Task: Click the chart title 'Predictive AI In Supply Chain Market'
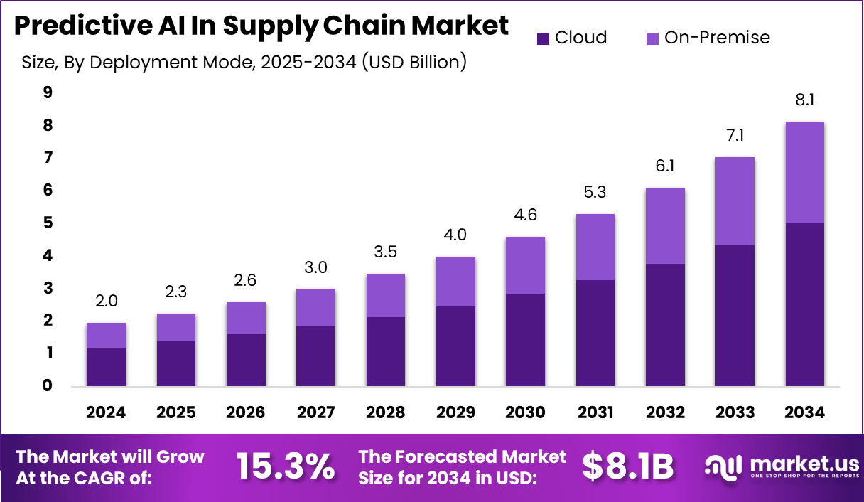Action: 261,26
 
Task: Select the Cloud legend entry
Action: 572,38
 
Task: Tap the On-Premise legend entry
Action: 708,38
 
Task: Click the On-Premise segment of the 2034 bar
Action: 804,173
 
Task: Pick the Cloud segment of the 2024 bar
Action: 107,367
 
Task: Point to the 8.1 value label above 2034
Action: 804,100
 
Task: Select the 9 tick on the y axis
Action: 47,92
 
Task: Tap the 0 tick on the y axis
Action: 47,386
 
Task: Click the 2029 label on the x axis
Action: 455,413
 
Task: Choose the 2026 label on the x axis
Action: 246,413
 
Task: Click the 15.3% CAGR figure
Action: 285,466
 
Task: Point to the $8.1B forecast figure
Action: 627,466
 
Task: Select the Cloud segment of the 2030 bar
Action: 524,340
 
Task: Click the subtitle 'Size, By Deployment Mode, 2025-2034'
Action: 244,63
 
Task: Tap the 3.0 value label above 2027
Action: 315,267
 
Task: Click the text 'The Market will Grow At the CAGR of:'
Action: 110,466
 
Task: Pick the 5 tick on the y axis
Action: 47,223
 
